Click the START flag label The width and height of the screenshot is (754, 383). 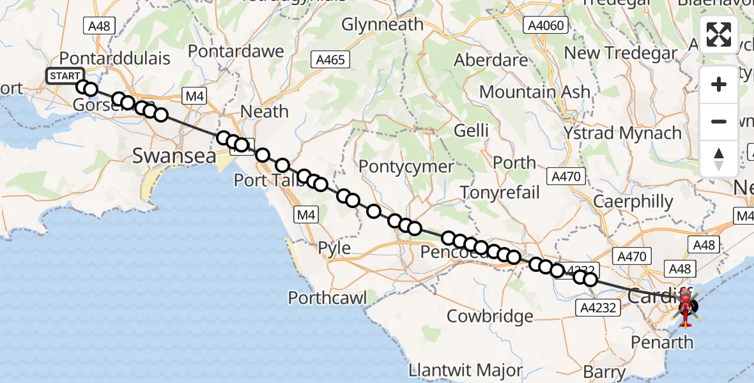coord(65,76)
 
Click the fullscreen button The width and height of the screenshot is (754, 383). coord(719,34)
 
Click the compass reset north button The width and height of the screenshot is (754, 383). coord(719,159)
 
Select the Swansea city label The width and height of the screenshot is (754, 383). coord(174,155)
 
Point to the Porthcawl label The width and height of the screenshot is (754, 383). coord(327,297)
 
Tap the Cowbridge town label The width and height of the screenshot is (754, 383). coord(489,315)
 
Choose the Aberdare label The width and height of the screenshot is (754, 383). coord(491,60)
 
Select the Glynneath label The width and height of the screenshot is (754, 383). coord(382,25)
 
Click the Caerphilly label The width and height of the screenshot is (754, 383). coord(633,202)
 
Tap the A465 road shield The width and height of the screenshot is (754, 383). coord(330,61)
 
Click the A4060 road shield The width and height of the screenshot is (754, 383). coord(544,26)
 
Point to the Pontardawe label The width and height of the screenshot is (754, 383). coord(236,50)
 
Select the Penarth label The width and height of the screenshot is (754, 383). coord(661,342)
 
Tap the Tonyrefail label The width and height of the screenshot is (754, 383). coord(500,192)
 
